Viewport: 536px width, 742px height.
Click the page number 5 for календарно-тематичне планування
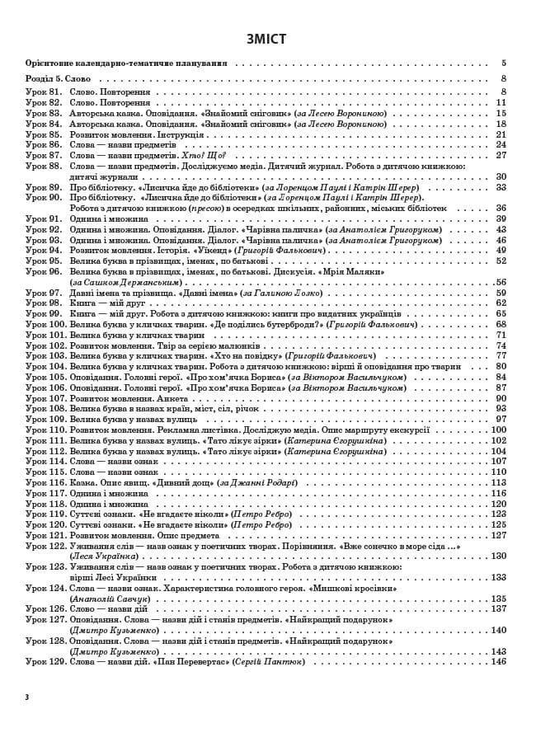pos(503,63)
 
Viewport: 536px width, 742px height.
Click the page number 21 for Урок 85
pos(501,134)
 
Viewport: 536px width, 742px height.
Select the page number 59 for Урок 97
pos(501,293)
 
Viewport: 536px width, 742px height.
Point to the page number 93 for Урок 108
pos(501,408)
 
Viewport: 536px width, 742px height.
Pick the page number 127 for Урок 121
pos(498,535)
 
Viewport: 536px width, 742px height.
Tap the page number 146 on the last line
pos(498,661)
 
